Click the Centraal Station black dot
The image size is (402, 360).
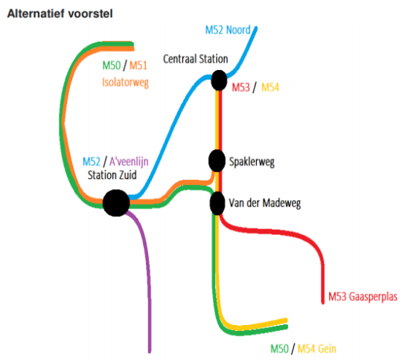click(x=219, y=80)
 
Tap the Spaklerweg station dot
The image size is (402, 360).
click(x=217, y=161)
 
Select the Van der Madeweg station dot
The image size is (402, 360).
click(x=217, y=203)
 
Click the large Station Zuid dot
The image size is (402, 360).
click(x=116, y=203)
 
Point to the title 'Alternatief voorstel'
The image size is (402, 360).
click(x=60, y=13)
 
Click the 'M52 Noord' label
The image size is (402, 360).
click(x=228, y=30)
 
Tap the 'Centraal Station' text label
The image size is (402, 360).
click(x=196, y=59)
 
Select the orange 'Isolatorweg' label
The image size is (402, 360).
click(x=125, y=83)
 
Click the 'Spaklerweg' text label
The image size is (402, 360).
click(x=252, y=162)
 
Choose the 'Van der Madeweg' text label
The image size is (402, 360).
click(x=264, y=203)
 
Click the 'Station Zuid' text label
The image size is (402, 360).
click(x=112, y=176)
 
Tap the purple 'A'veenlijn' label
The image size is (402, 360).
click(x=129, y=161)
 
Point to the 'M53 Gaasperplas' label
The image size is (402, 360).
click(x=363, y=297)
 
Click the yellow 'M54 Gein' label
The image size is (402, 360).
click(x=317, y=349)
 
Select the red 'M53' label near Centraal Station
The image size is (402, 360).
click(x=240, y=87)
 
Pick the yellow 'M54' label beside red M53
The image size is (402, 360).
click(x=270, y=87)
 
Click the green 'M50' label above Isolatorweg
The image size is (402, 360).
click(x=111, y=65)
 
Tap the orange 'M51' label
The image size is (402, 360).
click(x=138, y=65)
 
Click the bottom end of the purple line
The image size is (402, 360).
click(x=150, y=352)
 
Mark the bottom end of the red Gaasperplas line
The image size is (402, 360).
click(x=323, y=303)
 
